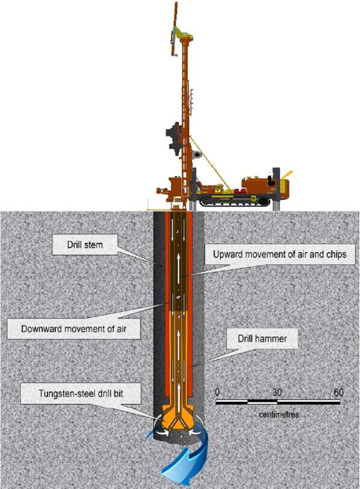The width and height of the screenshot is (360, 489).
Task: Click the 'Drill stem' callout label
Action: pyautogui.click(x=85, y=245)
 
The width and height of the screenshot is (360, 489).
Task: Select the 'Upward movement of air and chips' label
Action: pyautogui.click(x=279, y=254)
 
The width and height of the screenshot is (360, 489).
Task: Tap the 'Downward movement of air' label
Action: pyautogui.click(x=74, y=329)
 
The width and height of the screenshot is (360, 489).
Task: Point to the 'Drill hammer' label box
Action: pyautogui.click(x=262, y=338)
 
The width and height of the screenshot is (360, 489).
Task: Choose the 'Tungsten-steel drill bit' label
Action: pyautogui.click(x=81, y=394)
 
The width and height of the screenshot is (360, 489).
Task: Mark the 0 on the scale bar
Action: pyautogui.click(x=218, y=392)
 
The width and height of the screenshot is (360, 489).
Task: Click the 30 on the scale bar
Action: pyautogui.click(x=277, y=392)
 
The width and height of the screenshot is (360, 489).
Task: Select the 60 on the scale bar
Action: pyautogui.click(x=338, y=392)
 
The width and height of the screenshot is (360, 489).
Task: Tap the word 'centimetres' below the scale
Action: pyautogui.click(x=279, y=415)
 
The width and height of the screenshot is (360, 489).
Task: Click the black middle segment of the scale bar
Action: pyautogui.click(x=262, y=401)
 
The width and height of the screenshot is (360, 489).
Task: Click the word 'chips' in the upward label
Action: pyautogui.click(x=337, y=255)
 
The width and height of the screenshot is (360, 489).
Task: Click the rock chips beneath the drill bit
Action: pyautogui.click(x=179, y=437)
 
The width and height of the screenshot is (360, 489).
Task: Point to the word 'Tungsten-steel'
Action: pyautogui.click(x=62, y=394)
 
